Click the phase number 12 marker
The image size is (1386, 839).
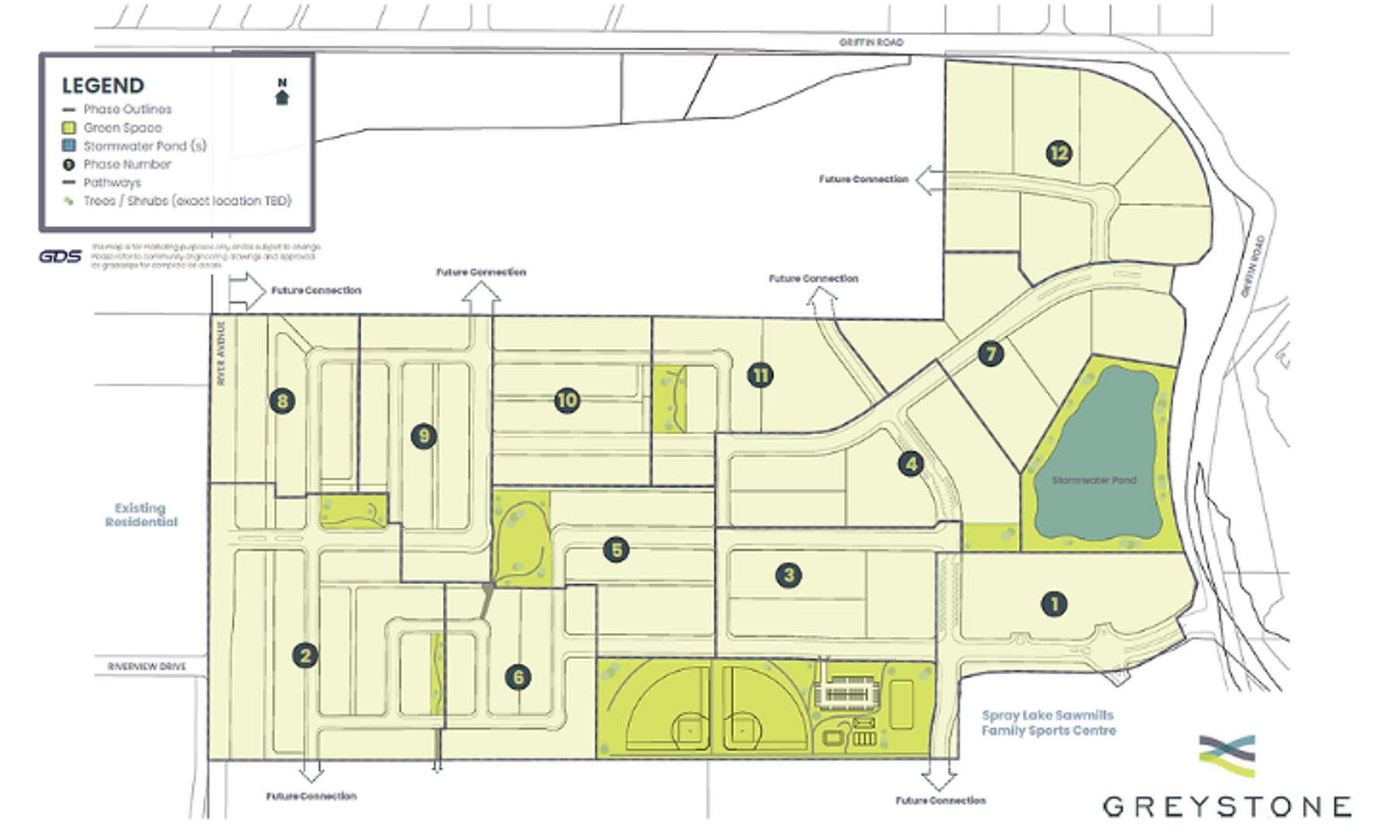click(x=1058, y=153)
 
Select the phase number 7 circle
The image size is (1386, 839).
click(x=991, y=354)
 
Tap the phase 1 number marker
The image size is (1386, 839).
click(x=1053, y=604)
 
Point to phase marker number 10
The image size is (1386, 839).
click(x=566, y=401)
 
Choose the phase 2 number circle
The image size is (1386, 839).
click(x=305, y=656)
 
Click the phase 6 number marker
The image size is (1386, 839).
click(x=518, y=677)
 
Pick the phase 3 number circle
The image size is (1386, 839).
click(x=789, y=576)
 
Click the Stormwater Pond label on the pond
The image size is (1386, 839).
click(x=1094, y=480)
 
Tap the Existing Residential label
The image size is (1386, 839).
click(x=141, y=514)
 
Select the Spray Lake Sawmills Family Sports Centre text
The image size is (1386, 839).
click(x=1048, y=722)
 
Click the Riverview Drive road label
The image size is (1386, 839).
click(x=147, y=667)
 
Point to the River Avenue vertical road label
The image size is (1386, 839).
click(x=221, y=353)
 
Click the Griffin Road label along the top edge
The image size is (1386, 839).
click(x=871, y=42)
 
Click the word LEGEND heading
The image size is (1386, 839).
click(x=103, y=85)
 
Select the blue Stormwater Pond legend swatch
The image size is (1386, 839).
click(x=69, y=145)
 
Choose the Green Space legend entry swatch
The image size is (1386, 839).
click(x=69, y=127)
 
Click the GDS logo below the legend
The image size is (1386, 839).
click(x=60, y=256)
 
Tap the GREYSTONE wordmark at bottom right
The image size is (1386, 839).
click(x=1228, y=806)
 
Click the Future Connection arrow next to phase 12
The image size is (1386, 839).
click(x=929, y=179)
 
